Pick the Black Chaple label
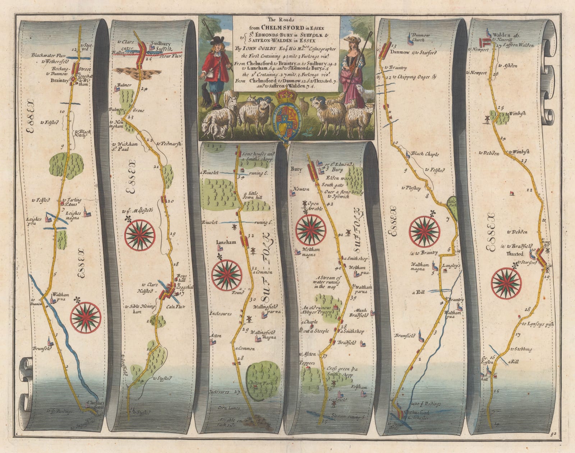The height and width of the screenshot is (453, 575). [427, 154]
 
